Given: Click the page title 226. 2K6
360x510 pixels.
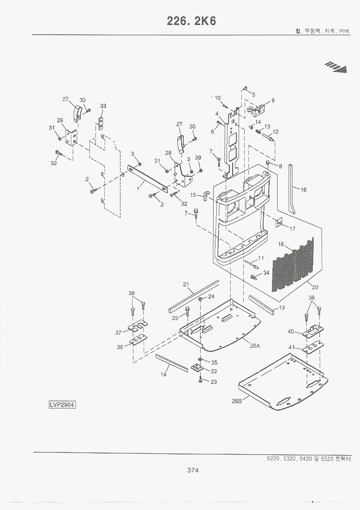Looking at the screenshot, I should click(x=191, y=21).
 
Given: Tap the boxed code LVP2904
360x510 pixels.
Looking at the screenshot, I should click(x=62, y=405).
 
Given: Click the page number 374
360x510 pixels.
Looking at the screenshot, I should click(x=193, y=470).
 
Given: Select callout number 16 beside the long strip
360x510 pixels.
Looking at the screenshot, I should click(x=303, y=189).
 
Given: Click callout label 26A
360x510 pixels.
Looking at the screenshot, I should click(x=255, y=346).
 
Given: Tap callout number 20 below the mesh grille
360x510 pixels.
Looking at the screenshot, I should click(x=315, y=287).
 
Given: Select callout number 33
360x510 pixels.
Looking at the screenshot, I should click(x=103, y=106).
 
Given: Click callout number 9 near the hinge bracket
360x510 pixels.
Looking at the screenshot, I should click(x=273, y=100).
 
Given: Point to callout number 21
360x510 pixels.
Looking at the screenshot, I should click(x=186, y=284).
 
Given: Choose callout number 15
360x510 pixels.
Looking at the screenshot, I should click(x=193, y=195).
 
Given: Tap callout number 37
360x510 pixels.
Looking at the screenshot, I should click(x=119, y=332).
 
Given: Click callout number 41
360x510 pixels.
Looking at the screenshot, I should click(x=291, y=347).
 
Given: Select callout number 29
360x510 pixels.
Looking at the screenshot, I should click(x=60, y=121).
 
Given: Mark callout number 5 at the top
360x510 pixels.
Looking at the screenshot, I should click(x=253, y=95).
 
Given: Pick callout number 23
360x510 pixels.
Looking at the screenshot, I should click(x=214, y=382).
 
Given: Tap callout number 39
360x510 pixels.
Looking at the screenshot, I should click(x=198, y=158).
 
